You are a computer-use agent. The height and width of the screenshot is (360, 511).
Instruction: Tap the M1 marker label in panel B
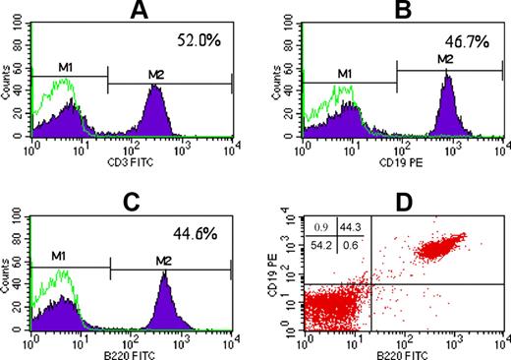(x=344, y=75)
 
